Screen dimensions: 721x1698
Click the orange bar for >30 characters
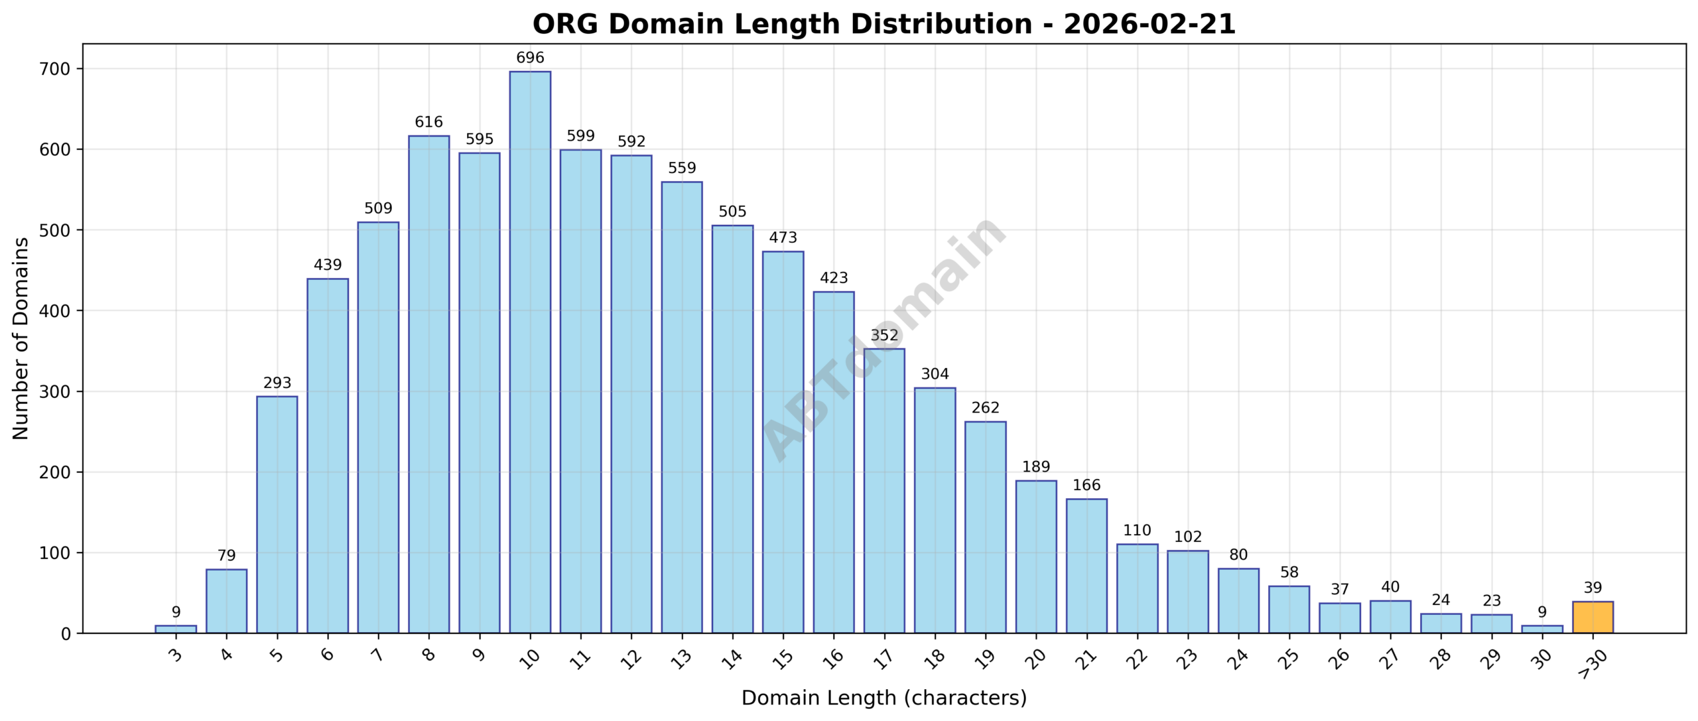[1593, 618]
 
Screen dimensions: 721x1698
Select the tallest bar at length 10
[530, 352]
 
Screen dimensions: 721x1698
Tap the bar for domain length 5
[277, 515]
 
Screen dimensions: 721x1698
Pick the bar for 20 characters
[1036, 557]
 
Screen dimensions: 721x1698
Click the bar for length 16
[834, 462]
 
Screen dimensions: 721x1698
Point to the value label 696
[530, 58]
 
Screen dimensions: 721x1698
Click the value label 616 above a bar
[428, 122]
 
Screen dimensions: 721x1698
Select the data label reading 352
[884, 336]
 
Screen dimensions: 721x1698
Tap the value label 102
[1188, 537]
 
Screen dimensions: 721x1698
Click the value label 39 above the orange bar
[1593, 588]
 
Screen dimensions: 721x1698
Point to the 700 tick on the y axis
[54, 69]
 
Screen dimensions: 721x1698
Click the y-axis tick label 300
[54, 391]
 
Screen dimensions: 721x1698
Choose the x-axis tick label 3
[175, 656]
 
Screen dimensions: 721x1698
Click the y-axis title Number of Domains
[21, 338]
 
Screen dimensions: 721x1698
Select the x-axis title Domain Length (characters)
[884, 698]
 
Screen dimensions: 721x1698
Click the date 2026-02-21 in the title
[1149, 25]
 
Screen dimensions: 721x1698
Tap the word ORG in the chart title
[566, 25]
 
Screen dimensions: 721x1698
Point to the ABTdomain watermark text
[884, 338]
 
